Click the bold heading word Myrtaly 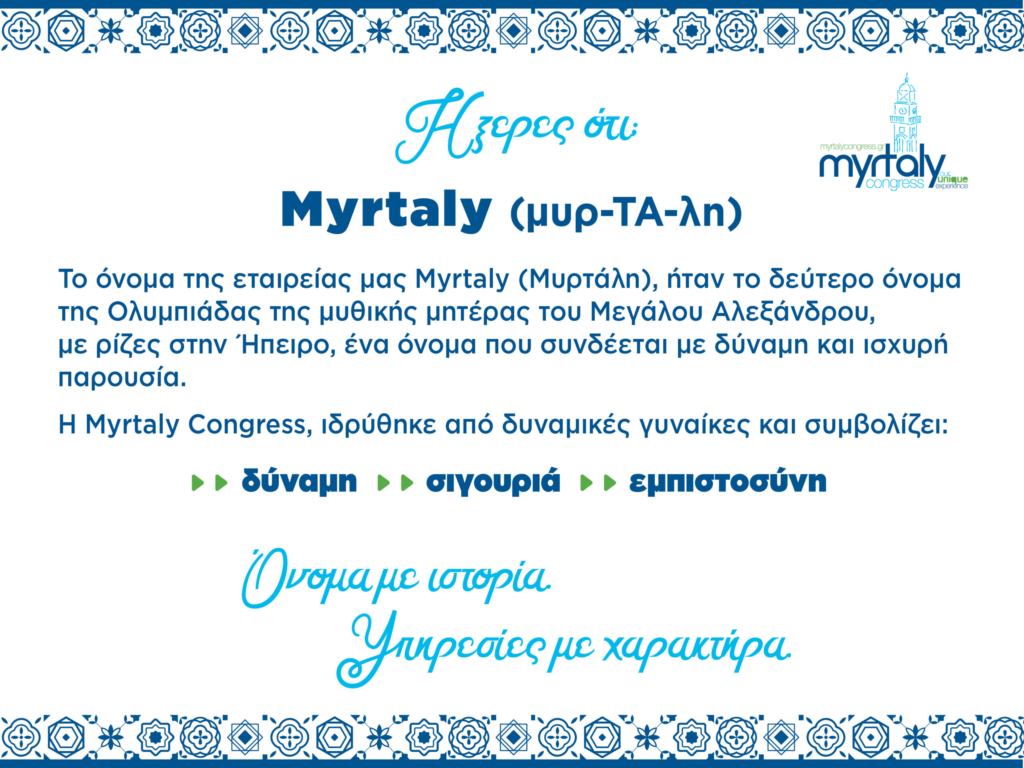click(386, 211)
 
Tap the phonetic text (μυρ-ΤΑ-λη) click(626, 214)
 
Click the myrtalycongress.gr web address click(852, 147)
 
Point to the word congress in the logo click(895, 183)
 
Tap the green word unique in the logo click(954, 179)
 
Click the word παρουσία click(122, 378)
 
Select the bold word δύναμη click(300, 482)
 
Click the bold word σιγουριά click(493, 482)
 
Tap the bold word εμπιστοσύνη click(728, 482)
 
